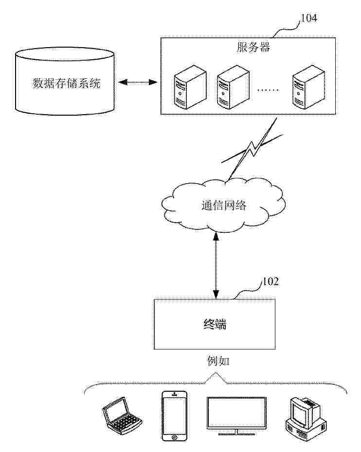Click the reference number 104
[x=309, y=18]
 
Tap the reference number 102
[x=271, y=282]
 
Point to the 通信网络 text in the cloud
[x=224, y=205]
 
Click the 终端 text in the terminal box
[x=214, y=324]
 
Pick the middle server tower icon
[x=229, y=88]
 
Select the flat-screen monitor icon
[x=236, y=414]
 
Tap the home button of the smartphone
[x=174, y=437]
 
